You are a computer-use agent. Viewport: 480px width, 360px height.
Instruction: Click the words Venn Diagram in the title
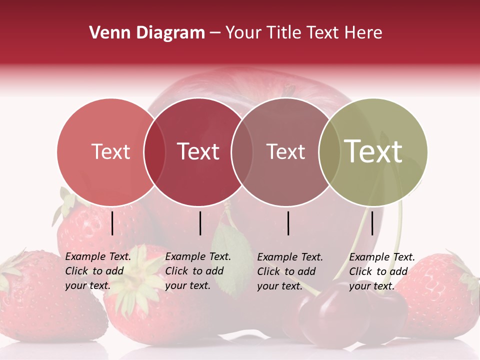(x=147, y=33)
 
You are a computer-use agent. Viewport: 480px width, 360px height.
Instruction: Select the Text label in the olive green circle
(x=373, y=151)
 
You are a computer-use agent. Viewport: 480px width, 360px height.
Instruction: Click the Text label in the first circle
(x=110, y=152)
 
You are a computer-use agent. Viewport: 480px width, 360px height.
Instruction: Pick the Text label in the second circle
(x=198, y=152)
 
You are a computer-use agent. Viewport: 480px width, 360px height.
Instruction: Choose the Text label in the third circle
(x=285, y=152)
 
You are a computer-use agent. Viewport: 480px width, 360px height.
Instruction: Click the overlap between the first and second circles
(x=154, y=152)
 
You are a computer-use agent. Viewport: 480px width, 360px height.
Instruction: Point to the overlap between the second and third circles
(x=241, y=152)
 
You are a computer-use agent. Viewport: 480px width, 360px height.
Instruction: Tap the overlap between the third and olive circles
(x=328, y=152)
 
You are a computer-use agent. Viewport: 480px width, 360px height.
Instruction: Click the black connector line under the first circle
(x=112, y=223)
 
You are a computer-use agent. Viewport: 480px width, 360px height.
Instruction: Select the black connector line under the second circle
(x=200, y=223)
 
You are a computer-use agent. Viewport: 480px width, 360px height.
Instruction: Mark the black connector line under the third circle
(x=288, y=223)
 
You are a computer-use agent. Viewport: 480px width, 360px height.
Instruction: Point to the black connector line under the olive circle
(x=372, y=223)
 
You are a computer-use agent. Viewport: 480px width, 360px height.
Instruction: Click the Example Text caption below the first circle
(x=98, y=271)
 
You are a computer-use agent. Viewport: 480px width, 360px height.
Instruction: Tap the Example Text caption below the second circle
(x=198, y=271)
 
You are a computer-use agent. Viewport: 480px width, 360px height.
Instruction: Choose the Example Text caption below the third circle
(x=290, y=271)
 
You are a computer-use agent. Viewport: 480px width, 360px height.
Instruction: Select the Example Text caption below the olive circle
(x=382, y=271)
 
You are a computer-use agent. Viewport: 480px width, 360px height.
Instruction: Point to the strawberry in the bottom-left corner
(x=35, y=300)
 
